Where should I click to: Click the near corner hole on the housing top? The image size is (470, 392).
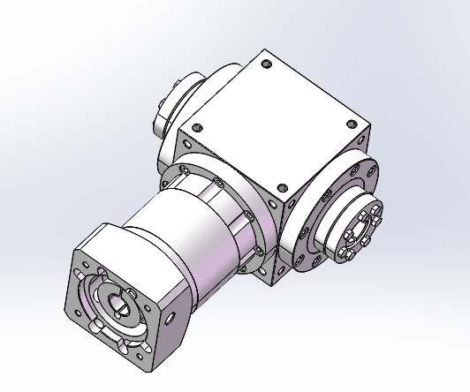(x=282, y=187)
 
